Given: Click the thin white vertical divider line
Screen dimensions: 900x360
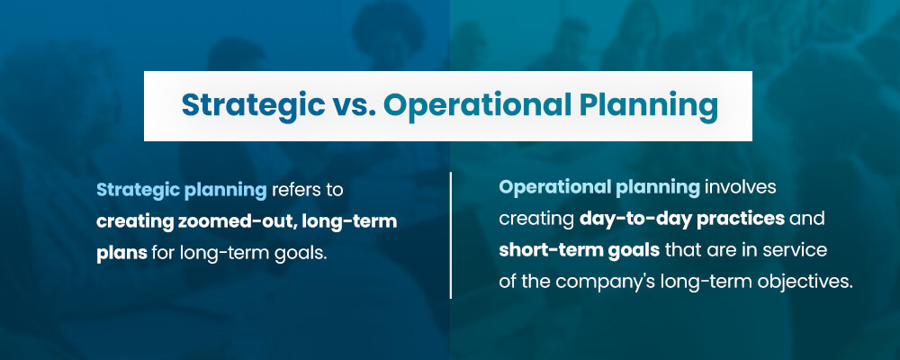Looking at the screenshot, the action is [x=451, y=235].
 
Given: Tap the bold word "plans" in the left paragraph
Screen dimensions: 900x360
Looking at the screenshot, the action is [x=121, y=254].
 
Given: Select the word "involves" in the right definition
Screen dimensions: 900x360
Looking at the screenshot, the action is [x=740, y=187].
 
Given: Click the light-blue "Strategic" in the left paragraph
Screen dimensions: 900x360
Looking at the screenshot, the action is [x=137, y=191].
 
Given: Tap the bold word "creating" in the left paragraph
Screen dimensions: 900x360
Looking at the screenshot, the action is [x=134, y=222].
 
